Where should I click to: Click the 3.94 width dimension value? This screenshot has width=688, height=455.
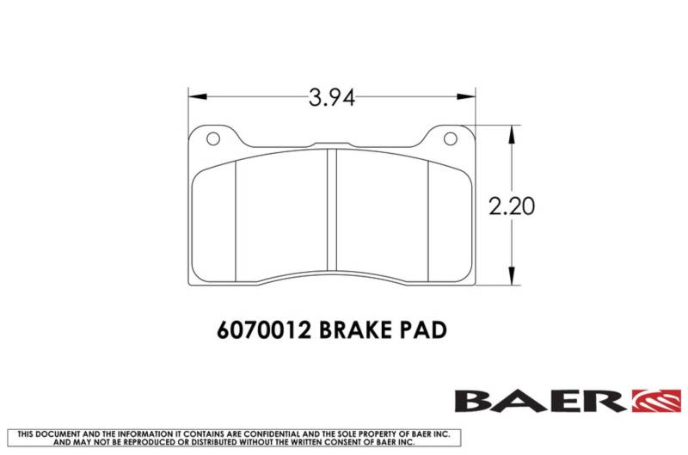(331, 97)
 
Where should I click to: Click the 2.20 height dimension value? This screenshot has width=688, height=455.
(512, 206)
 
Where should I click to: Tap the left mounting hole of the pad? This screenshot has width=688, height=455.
(212, 139)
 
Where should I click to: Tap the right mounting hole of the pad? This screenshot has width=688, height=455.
(451, 139)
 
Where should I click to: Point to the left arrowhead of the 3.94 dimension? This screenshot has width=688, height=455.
(197, 96)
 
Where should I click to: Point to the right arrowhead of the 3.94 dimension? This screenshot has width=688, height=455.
(466, 96)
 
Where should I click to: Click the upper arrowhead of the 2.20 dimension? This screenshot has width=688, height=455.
(512, 134)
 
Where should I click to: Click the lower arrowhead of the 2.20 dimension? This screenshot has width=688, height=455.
(512, 276)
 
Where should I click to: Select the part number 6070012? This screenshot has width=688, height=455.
(264, 330)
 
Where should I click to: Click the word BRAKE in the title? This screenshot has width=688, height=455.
(355, 330)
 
